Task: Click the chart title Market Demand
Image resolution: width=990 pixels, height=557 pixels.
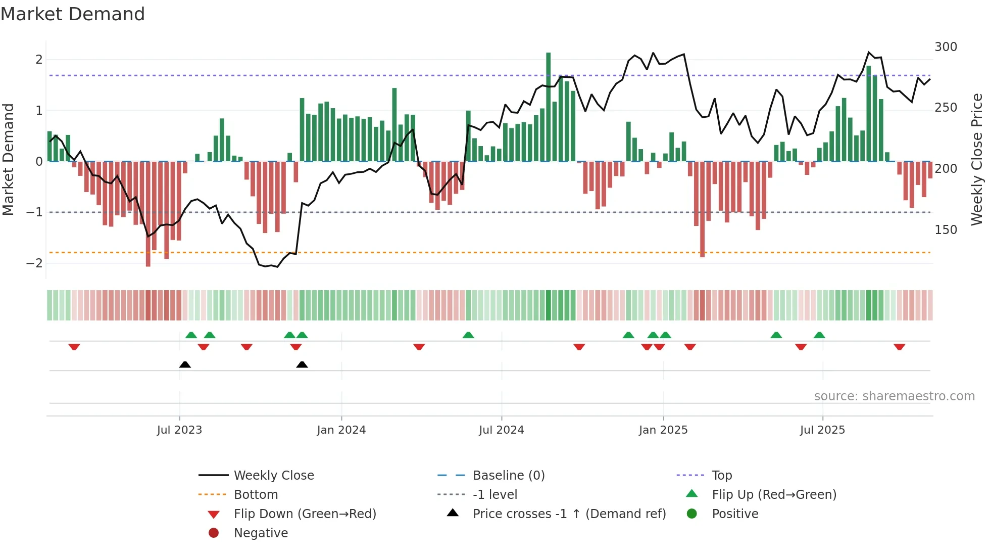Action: coord(73,14)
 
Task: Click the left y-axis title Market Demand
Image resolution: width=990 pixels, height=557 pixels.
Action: coord(9,159)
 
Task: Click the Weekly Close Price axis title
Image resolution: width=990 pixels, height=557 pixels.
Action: coord(977,159)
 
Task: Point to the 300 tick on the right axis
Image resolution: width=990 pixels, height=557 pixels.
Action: coord(946,47)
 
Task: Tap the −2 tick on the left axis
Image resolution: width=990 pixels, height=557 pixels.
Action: coord(34,263)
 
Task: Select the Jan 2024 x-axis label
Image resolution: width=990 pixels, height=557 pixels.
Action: coord(341,430)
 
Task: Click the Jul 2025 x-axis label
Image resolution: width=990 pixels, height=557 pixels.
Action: coord(822,430)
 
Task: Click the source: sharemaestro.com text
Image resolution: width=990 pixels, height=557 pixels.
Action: coord(894,396)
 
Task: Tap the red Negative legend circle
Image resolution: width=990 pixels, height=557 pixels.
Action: coord(214,533)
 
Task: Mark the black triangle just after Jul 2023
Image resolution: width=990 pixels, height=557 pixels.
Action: coord(185,365)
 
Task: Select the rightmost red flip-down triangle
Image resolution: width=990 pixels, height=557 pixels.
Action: coord(899,347)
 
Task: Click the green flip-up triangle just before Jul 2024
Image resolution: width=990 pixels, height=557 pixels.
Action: coord(468,335)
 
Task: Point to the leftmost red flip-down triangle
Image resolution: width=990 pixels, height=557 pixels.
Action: coord(74,347)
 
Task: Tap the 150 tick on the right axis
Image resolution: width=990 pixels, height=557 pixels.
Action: coord(946,230)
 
